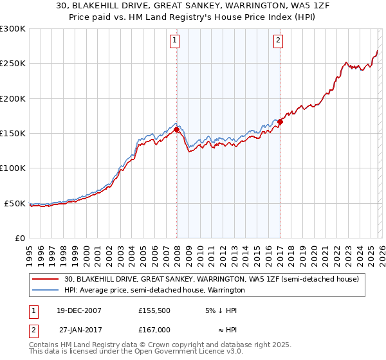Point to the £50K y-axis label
(x=15, y=203)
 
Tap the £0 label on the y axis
(x=19, y=238)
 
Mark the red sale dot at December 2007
(x=176, y=129)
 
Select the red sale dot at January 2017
(x=280, y=122)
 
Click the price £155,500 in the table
(x=154, y=310)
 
